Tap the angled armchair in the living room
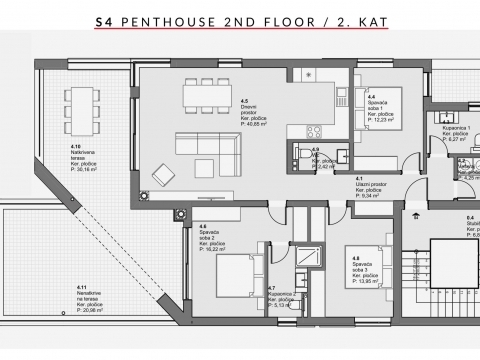tap(162, 178)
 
